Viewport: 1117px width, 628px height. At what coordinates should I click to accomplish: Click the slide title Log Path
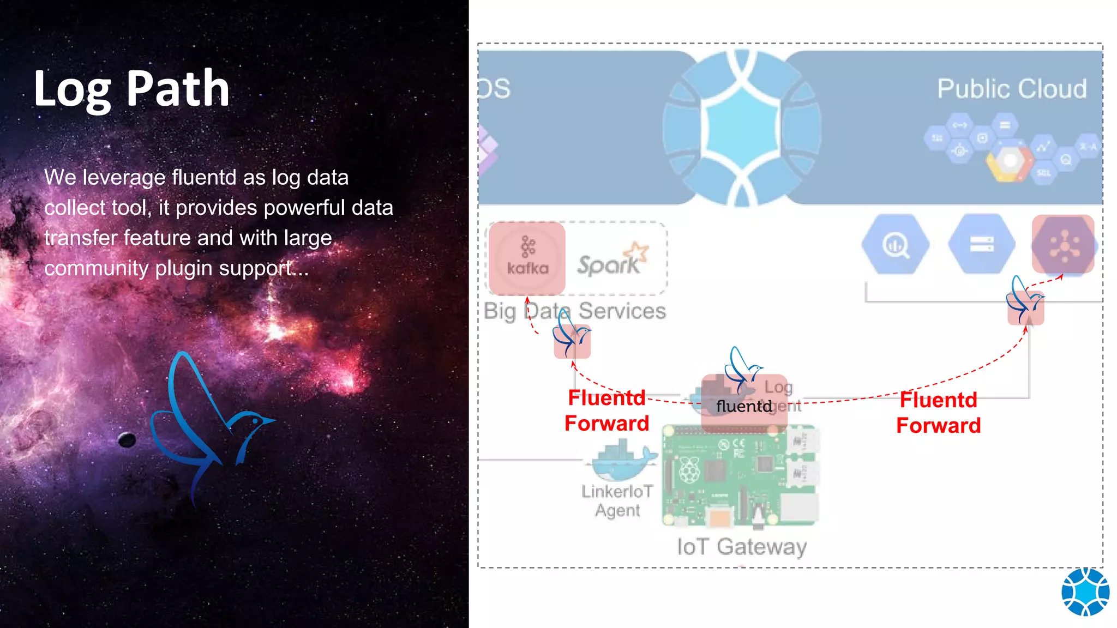click(x=131, y=89)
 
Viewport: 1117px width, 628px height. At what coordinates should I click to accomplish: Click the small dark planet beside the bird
click(x=127, y=439)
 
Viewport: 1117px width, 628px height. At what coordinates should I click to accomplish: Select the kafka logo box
click(x=527, y=258)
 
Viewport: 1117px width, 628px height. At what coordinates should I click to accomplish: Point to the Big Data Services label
click(x=574, y=311)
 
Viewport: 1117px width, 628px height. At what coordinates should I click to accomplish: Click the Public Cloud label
click(x=1012, y=88)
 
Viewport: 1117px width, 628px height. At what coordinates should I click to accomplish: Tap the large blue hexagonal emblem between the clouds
click(x=741, y=129)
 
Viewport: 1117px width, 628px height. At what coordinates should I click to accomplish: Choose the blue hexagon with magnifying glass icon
click(x=895, y=244)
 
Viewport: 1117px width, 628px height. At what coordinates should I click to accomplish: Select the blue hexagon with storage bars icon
click(x=981, y=244)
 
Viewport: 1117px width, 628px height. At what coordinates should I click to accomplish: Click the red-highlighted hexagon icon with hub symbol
click(x=1063, y=244)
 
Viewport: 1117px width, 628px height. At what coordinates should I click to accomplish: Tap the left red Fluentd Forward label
click(x=606, y=410)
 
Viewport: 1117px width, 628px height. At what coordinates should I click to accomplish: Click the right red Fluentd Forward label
click(x=938, y=413)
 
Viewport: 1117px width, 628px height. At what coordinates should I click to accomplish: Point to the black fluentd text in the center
click(x=744, y=406)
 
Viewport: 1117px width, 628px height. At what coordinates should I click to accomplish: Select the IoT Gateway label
click(x=742, y=546)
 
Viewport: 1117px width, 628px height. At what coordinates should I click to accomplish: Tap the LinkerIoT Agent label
click(x=617, y=500)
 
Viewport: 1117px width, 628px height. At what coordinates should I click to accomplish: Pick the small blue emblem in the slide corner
click(x=1085, y=591)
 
